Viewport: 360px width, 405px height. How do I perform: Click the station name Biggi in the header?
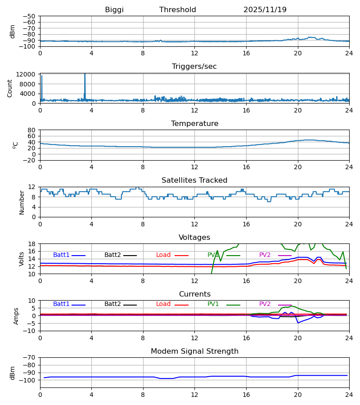click(114, 10)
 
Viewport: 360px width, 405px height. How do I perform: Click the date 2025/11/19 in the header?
click(265, 10)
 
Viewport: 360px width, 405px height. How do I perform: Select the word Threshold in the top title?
click(178, 10)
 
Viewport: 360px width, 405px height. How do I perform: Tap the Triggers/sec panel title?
click(194, 67)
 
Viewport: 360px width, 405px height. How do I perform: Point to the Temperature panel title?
click(194, 124)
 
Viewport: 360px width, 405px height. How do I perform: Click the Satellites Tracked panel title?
click(194, 180)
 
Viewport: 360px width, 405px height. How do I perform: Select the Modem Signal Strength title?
click(194, 351)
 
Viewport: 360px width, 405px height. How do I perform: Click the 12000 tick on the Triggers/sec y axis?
click(28, 75)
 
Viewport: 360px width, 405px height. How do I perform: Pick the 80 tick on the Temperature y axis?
click(31, 130)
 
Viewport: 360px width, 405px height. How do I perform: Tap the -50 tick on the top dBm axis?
click(30, 16)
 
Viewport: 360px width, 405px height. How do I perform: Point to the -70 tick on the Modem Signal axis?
click(30, 358)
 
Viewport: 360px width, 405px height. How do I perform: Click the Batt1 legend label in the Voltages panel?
click(62, 255)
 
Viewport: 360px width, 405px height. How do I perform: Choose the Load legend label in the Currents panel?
click(163, 304)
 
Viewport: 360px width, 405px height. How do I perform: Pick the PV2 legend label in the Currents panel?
click(265, 304)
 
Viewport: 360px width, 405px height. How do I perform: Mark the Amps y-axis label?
click(17, 316)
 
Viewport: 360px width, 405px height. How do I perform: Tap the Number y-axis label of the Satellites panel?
click(22, 202)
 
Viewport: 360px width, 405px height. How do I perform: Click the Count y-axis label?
click(10, 88)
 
